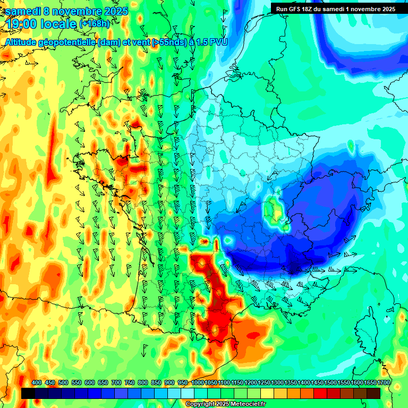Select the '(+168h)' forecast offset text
(x=95, y=24)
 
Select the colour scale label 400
(x=37, y=383)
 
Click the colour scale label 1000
(x=197, y=383)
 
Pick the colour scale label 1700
(x=384, y=383)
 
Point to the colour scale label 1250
(x=264, y=383)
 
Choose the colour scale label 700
(x=116, y=383)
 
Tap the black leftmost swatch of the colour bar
(x=28, y=393)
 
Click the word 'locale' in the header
(x=59, y=24)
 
